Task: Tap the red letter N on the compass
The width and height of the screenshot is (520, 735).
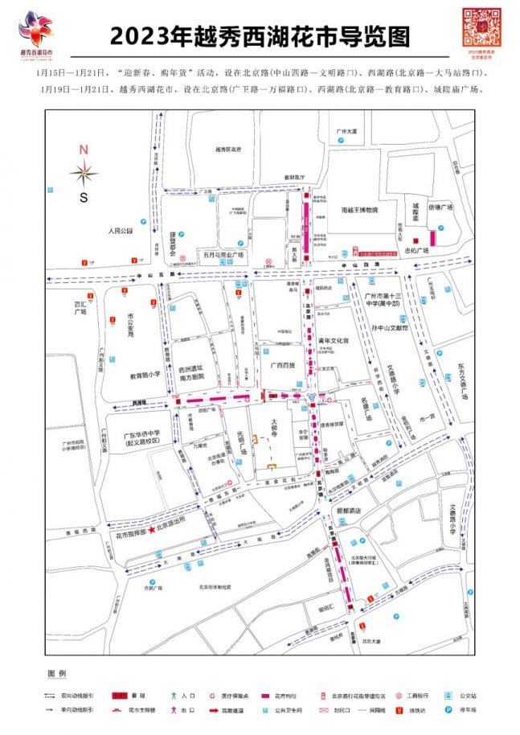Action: coord(84,150)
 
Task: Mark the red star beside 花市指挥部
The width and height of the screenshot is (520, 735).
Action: coord(150,533)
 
